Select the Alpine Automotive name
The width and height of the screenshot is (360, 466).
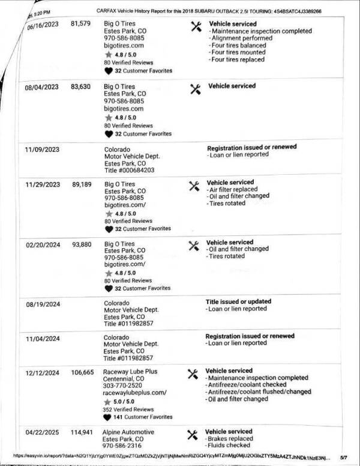coord(128,432)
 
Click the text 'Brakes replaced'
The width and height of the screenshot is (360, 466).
coord(231,438)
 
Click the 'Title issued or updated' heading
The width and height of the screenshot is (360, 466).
coord(238,301)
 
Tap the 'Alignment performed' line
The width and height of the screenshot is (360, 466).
coord(240,38)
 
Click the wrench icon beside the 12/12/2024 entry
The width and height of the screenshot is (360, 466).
coord(193,374)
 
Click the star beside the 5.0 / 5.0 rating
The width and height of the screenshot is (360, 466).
coord(109,401)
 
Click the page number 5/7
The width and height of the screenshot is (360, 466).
coord(343,457)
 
